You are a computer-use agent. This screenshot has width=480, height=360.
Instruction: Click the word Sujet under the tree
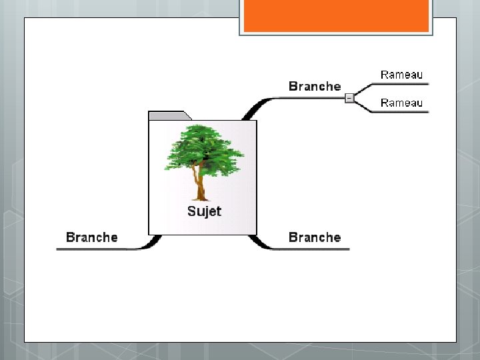click(x=204, y=211)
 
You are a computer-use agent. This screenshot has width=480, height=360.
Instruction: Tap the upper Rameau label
click(x=401, y=75)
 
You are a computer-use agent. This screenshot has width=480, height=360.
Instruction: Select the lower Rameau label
click(x=401, y=103)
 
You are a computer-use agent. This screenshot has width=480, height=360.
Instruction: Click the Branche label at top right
click(x=315, y=86)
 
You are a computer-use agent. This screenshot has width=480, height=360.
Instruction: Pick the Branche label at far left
click(x=92, y=237)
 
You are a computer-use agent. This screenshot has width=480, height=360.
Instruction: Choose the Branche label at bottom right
click(x=315, y=237)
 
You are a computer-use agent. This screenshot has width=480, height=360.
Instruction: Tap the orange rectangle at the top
click(x=336, y=15)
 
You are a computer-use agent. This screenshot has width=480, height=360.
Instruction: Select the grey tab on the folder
click(x=169, y=116)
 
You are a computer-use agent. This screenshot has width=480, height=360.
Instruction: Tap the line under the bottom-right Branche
click(x=313, y=249)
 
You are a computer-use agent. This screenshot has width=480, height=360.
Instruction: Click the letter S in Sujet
click(x=191, y=211)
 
